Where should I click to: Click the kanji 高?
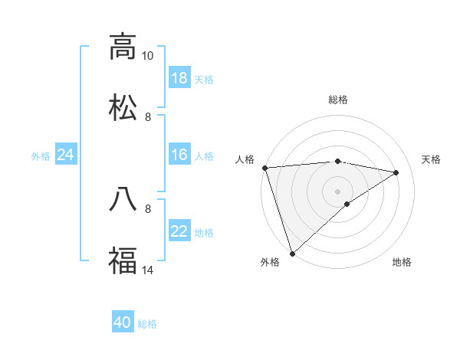(123, 47)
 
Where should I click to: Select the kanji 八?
(123, 199)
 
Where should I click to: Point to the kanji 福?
(123, 260)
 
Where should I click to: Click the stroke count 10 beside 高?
(148, 56)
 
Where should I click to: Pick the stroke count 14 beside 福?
(148, 270)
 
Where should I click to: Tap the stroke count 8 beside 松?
(148, 116)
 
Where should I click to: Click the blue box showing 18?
(179, 78)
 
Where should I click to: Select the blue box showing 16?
(179, 155)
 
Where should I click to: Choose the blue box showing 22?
(179, 231)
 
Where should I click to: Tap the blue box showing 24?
(66, 155)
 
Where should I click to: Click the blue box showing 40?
(123, 323)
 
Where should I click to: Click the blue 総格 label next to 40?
(147, 324)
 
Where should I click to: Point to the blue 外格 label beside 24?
(41, 155)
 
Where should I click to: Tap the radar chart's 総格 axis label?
(338, 100)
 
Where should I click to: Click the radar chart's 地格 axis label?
(402, 262)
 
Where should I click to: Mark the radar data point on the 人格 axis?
(264, 168)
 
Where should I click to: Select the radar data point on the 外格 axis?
(292, 254)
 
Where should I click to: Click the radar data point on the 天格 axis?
(396, 172)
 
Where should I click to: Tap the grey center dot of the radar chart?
(338, 191)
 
